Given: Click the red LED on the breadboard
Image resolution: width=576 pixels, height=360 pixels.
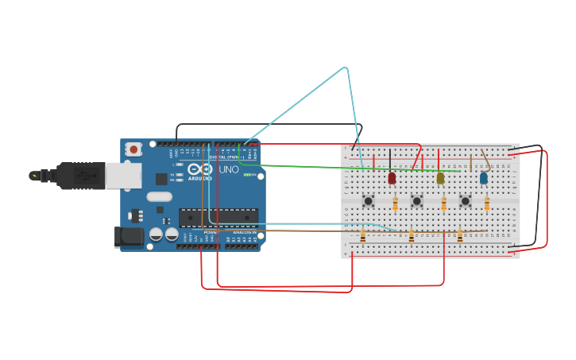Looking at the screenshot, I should (x=392, y=179).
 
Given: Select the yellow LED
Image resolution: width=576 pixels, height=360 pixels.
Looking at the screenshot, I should (x=440, y=179).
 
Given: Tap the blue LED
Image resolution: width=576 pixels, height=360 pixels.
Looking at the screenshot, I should (x=483, y=179).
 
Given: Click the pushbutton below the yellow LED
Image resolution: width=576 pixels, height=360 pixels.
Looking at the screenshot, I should (x=416, y=201).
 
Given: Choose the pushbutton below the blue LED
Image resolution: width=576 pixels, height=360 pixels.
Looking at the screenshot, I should (x=466, y=201).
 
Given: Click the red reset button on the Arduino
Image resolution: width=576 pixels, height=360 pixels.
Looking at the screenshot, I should (x=133, y=149).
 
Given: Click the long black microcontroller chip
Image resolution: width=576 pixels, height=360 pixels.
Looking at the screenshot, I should (x=218, y=217).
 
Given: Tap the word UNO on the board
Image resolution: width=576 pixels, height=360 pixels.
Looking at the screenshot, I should (x=229, y=169).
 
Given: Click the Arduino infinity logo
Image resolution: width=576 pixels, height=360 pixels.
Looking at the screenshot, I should (x=199, y=170).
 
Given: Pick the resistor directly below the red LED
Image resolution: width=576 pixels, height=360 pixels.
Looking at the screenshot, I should (x=396, y=204).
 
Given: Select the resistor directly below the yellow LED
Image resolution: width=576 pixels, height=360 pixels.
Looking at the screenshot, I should (x=443, y=204).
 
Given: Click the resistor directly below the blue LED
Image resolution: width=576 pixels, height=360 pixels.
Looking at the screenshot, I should (x=487, y=204).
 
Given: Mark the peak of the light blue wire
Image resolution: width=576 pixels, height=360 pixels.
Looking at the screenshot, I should (x=346, y=68).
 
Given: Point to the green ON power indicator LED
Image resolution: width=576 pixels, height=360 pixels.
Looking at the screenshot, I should (x=246, y=175).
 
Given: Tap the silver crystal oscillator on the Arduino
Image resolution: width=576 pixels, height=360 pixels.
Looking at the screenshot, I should (x=159, y=196).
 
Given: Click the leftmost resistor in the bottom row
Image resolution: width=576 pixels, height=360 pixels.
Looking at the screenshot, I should (x=363, y=236).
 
